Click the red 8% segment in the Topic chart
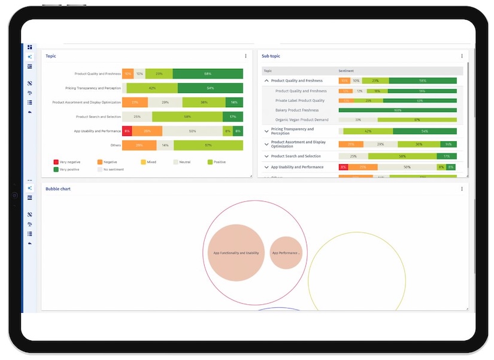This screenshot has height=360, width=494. point(126,131)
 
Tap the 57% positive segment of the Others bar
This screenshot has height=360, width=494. point(208,146)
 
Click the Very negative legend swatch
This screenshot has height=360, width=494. point(56,162)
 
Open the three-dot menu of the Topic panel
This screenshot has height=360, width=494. point(246,56)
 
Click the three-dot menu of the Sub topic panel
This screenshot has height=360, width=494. point(462,56)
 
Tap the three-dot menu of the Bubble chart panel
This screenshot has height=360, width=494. point(462,189)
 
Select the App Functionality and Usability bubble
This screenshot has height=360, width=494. point(236,253)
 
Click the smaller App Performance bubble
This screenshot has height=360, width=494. point(286,253)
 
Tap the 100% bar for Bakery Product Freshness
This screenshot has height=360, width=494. point(398,110)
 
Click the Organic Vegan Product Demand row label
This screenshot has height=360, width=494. point(301,120)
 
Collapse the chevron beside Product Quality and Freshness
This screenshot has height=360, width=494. point(266,80)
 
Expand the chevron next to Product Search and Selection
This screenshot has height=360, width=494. point(266,156)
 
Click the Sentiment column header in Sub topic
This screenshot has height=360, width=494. point(346,71)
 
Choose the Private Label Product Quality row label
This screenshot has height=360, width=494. point(299,101)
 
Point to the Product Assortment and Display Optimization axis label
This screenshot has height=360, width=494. point(86,102)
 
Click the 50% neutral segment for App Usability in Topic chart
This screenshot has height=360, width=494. point(192,131)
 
